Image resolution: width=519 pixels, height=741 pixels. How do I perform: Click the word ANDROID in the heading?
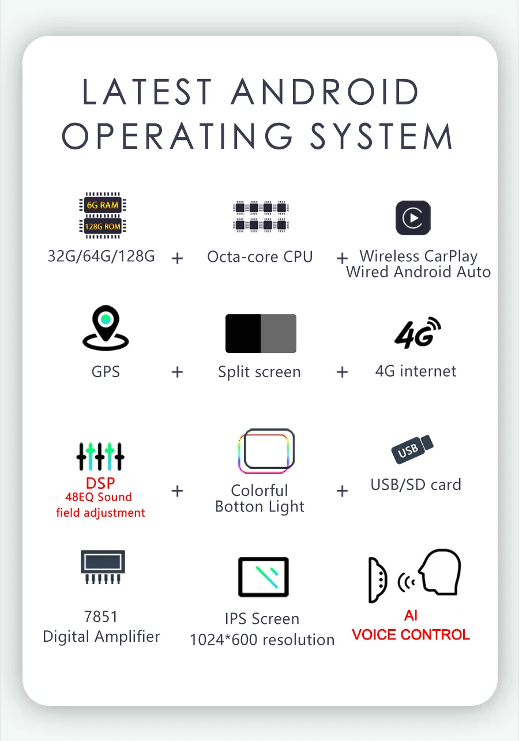(x=325, y=92)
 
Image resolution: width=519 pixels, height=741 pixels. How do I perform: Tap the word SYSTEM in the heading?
(x=381, y=137)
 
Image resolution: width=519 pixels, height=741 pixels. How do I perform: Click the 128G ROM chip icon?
(x=103, y=226)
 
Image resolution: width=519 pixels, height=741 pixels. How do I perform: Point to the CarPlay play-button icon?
(x=413, y=218)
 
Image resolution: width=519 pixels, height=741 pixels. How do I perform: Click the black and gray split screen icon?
(x=261, y=333)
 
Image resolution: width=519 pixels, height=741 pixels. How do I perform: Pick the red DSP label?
(x=100, y=483)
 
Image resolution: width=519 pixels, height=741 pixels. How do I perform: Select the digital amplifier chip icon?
(x=102, y=566)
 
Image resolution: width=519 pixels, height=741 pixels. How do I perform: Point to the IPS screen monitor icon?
(x=263, y=577)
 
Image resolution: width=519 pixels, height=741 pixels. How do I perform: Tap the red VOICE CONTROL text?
(x=411, y=635)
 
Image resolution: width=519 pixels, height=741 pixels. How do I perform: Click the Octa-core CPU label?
(x=259, y=257)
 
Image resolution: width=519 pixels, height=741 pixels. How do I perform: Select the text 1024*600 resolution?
(x=262, y=640)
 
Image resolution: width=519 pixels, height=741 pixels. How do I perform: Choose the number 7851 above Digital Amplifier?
(x=101, y=616)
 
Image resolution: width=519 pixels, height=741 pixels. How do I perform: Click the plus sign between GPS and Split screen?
(x=177, y=372)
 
